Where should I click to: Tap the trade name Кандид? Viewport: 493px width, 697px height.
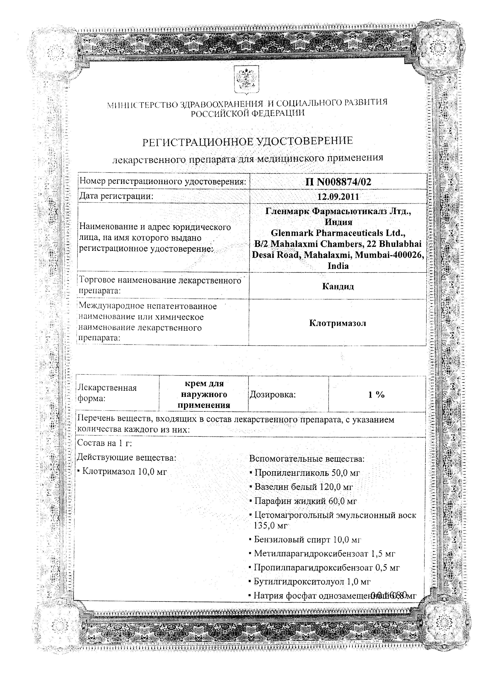point(338,286)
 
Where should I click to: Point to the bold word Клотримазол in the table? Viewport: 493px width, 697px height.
point(338,323)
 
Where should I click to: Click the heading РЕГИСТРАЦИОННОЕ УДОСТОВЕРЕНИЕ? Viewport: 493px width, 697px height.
point(248,141)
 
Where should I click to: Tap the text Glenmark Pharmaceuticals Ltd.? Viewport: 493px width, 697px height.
point(338,233)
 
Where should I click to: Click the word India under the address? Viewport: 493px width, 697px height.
point(338,266)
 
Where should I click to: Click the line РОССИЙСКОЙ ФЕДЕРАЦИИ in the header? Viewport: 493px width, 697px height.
point(247,113)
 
